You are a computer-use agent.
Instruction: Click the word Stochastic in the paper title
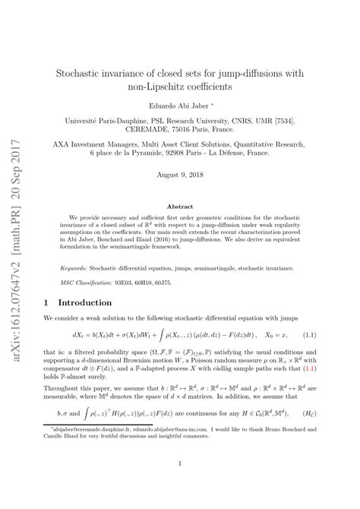coord(83,74)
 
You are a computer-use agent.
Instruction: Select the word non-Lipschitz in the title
coord(141,87)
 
